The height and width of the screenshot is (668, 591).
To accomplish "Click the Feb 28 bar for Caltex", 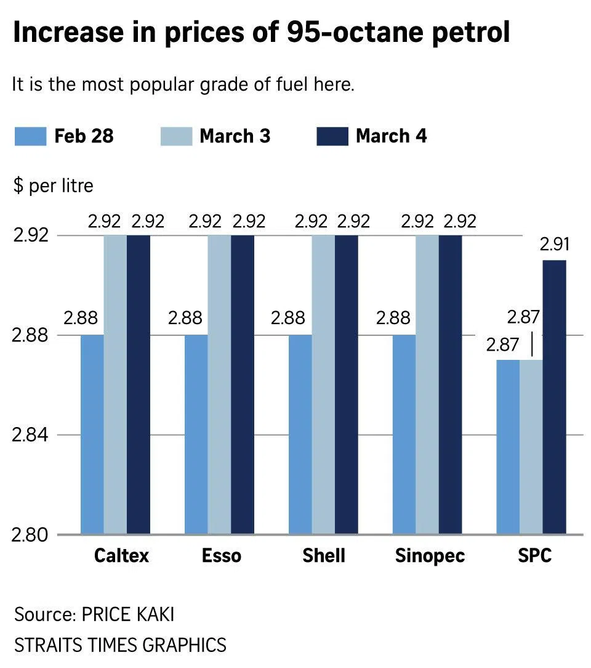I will pos(92,434).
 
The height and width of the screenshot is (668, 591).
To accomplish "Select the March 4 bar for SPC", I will pos(554,397).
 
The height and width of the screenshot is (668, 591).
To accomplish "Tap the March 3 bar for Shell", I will pos(323,385).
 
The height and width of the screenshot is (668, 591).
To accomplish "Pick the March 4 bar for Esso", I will pos(243,385).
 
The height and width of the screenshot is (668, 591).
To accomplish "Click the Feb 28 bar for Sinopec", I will pos(404,434).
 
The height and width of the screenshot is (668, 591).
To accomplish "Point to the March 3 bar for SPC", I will pos(531,447).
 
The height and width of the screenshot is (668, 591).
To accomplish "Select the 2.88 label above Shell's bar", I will pos(288,319).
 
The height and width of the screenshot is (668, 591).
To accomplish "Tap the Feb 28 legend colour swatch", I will pos(30,136).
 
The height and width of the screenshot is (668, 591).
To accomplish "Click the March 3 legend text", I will pos(235,136).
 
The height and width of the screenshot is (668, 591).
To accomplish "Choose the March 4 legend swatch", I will pos(332,136).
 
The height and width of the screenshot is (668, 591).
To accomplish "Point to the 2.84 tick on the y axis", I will pos(29,435).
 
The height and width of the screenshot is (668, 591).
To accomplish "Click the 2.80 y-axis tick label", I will pos(29,534).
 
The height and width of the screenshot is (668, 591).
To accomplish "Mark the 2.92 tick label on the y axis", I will pos(29,235).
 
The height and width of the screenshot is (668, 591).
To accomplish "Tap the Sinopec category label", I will pos(430,556).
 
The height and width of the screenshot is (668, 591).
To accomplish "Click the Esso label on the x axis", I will pos(222,556).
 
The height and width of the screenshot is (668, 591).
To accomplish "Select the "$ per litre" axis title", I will pos(53,185).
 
